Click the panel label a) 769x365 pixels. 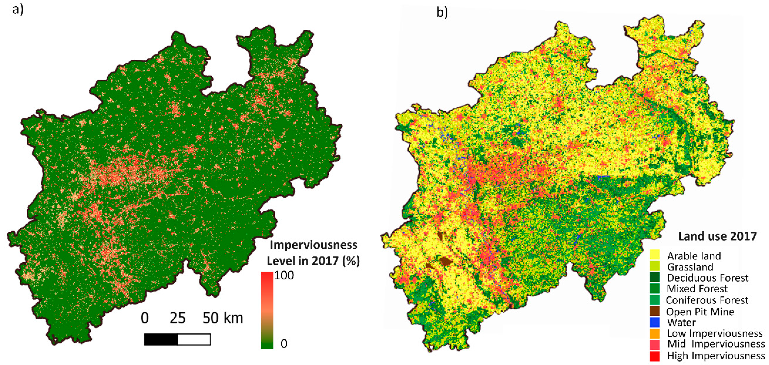(x=18, y=10)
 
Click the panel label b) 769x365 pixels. (x=442, y=12)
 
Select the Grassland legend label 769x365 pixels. (x=690, y=267)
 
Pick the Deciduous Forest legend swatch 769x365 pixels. (x=655, y=277)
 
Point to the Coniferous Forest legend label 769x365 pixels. (x=707, y=300)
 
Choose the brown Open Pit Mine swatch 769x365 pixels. (x=655, y=311)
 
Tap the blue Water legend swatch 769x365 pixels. (x=655, y=322)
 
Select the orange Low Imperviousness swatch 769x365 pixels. (x=655, y=333)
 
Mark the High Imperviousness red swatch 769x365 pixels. (x=655, y=356)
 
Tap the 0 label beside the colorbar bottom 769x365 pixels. (x=284, y=343)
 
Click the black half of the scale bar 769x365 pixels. (x=161, y=340)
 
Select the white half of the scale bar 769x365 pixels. (x=194, y=340)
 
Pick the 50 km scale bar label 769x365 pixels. (x=223, y=318)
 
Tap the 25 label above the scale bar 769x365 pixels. (x=178, y=318)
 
